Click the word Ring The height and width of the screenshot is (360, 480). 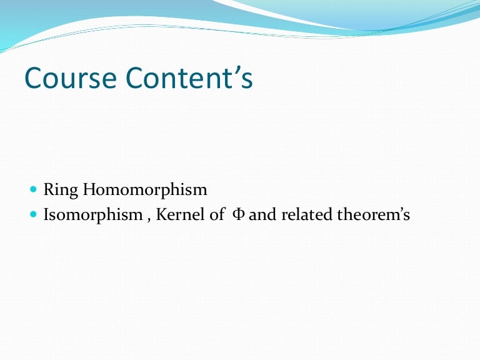click(x=56, y=190)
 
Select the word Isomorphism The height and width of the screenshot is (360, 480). click(x=93, y=216)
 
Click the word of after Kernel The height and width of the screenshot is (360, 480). click(x=213, y=216)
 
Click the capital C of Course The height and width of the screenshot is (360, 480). click(x=34, y=79)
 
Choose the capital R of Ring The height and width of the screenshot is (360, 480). click(x=47, y=190)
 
